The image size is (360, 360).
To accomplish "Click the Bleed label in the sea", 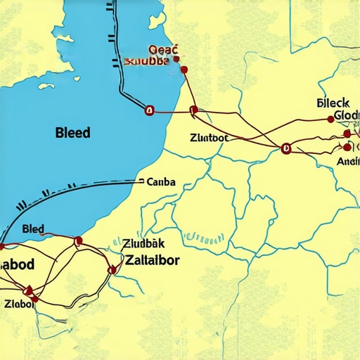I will pyautogui.click(x=72, y=132).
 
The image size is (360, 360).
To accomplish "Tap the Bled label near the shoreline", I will pyautogui.click(x=33, y=229).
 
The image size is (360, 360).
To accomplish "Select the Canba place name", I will pyautogui.click(x=161, y=182).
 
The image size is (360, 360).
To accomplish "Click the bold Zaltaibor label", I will pyautogui.click(x=151, y=259).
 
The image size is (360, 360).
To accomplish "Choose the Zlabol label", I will pyautogui.click(x=19, y=304).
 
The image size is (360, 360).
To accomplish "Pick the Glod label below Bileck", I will pyautogui.click(x=347, y=116).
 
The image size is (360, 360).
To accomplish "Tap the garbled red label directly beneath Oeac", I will pyautogui.click(x=146, y=61).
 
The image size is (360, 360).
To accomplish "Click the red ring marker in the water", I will pyautogui.click(x=148, y=110).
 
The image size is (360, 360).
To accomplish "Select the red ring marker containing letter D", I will pyautogui.click(x=285, y=148).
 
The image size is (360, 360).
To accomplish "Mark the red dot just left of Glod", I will pyautogui.click(x=331, y=120).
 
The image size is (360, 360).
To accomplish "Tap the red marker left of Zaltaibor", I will pyautogui.click(x=111, y=269).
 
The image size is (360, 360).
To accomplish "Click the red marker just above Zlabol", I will pyautogui.click(x=29, y=289).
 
